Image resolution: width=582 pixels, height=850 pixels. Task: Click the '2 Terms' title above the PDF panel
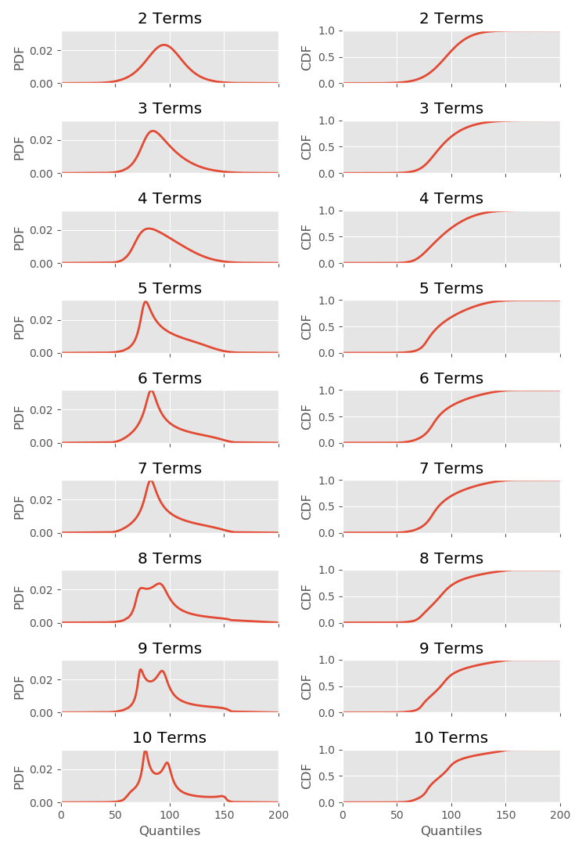(x=170, y=19)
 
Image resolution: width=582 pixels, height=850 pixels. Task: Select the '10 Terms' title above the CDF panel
(x=451, y=738)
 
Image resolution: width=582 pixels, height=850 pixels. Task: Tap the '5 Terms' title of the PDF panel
(x=170, y=289)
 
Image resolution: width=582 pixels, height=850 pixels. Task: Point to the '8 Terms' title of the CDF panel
(x=451, y=559)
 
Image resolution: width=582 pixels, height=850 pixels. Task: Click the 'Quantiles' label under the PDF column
(x=170, y=831)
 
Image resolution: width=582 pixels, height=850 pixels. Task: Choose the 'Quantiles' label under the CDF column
(x=451, y=831)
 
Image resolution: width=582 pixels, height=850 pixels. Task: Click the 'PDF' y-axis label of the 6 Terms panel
(x=20, y=417)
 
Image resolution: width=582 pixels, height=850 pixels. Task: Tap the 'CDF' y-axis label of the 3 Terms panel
(x=307, y=147)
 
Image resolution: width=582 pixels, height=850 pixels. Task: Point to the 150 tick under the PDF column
(x=224, y=815)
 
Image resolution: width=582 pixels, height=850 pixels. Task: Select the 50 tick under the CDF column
(x=397, y=815)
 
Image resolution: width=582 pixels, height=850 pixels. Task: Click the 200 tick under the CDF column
(x=560, y=815)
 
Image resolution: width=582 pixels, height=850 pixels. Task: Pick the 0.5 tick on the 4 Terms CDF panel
(x=326, y=236)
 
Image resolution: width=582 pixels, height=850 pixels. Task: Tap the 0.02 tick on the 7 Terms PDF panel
(x=41, y=499)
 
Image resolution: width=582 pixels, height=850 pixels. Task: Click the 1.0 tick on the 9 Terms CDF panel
(x=326, y=661)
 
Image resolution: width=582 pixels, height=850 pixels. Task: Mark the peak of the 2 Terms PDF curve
(x=164, y=45)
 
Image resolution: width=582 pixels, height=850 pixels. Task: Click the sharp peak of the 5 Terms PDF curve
(x=145, y=301)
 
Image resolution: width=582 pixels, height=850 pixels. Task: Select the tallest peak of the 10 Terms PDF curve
(x=145, y=751)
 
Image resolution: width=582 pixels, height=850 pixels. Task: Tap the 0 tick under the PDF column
(x=62, y=815)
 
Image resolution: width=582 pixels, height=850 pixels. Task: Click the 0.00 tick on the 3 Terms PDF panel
(x=41, y=173)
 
